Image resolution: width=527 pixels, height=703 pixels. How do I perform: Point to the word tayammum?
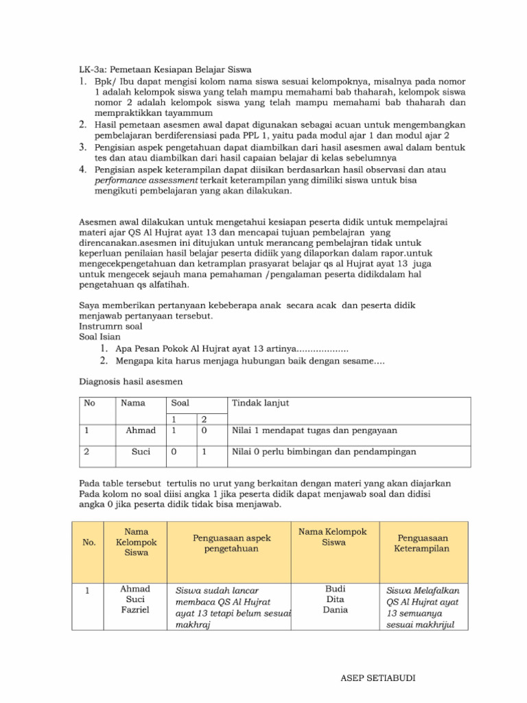189,113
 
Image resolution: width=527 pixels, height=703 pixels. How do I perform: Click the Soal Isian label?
100,337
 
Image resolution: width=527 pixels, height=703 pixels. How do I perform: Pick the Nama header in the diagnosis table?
133,403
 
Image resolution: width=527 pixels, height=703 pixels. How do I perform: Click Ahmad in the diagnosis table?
141,430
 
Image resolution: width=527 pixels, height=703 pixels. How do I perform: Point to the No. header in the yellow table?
89,542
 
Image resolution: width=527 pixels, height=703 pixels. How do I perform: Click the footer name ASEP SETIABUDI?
377,679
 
